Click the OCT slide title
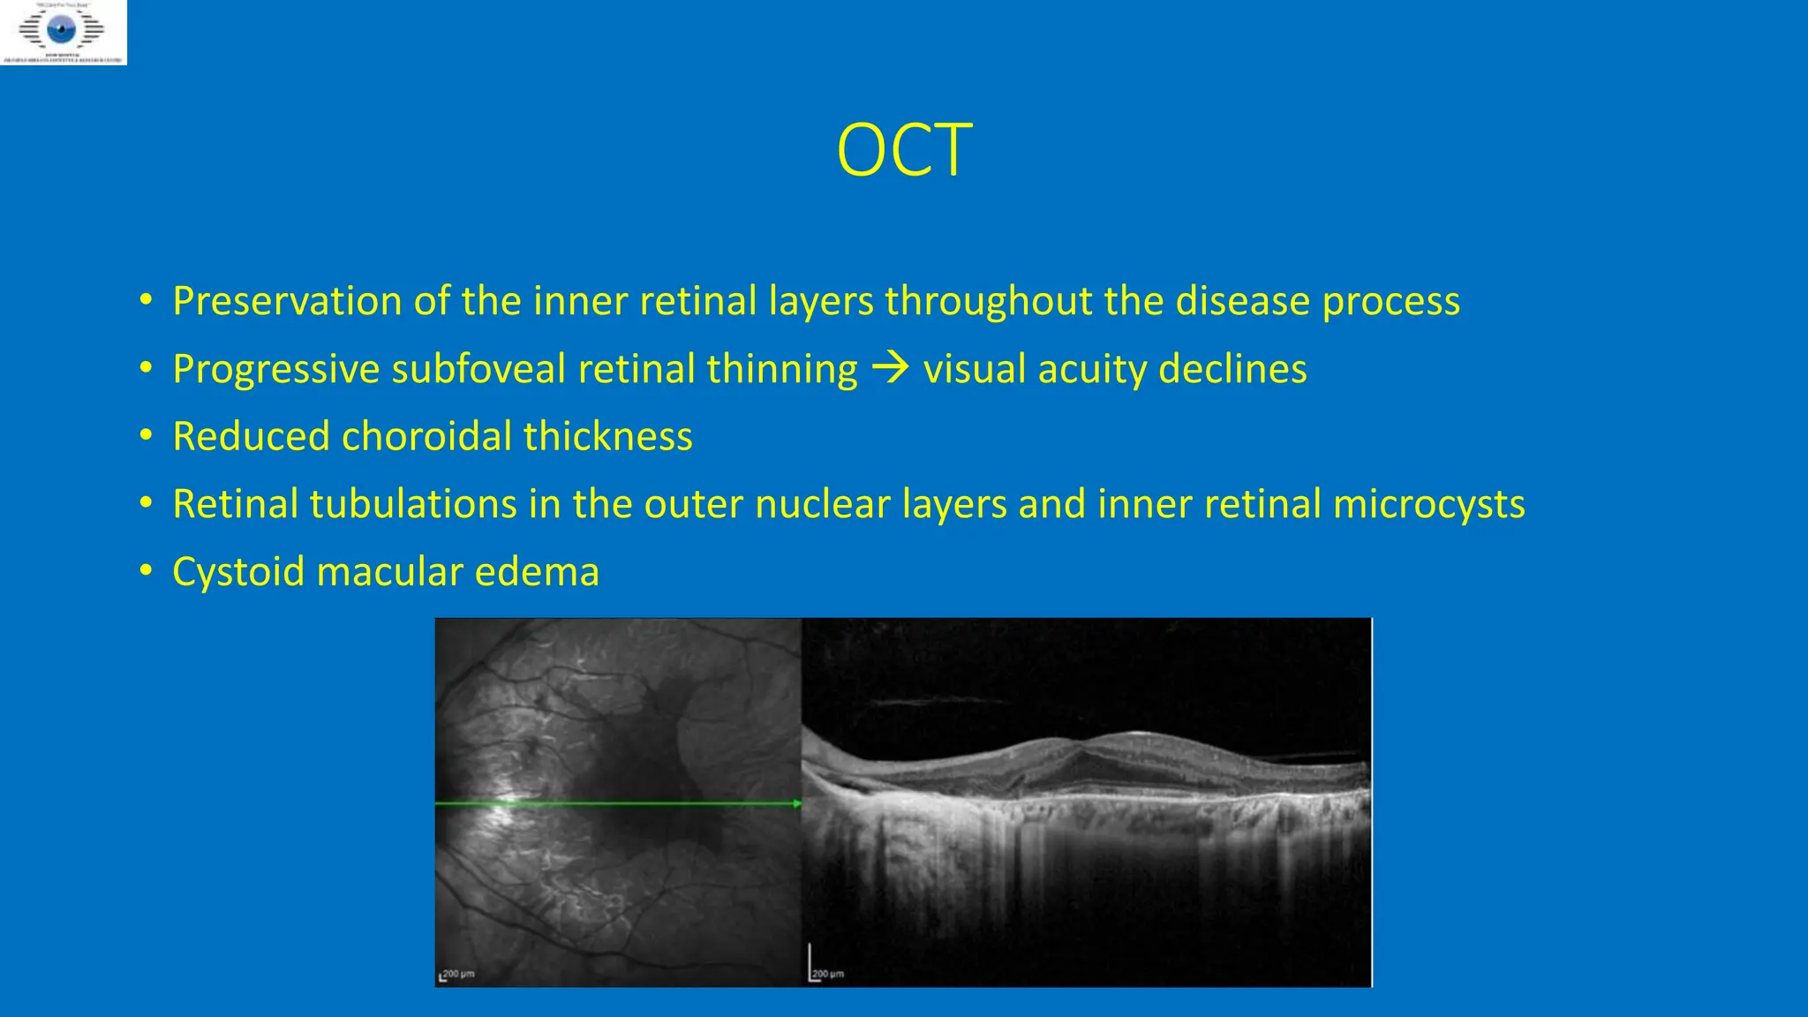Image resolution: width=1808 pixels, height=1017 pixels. pyautogui.click(x=904, y=151)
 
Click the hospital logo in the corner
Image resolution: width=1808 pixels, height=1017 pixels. pyautogui.click(x=63, y=32)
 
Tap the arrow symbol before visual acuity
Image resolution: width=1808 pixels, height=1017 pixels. pyautogui.click(x=890, y=368)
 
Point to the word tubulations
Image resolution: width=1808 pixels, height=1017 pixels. pyautogui.click(x=413, y=505)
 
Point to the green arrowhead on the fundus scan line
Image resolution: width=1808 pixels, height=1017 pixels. pyautogui.click(x=797, y=803)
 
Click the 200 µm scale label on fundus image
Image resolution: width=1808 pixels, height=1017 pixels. pyautogui.click(x=458, y=974)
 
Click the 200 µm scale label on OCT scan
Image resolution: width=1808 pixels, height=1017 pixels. pyautogui.click(x=828, y=974)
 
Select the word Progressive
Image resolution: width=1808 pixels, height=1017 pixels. pyautogui.click(x=275, y=369)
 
